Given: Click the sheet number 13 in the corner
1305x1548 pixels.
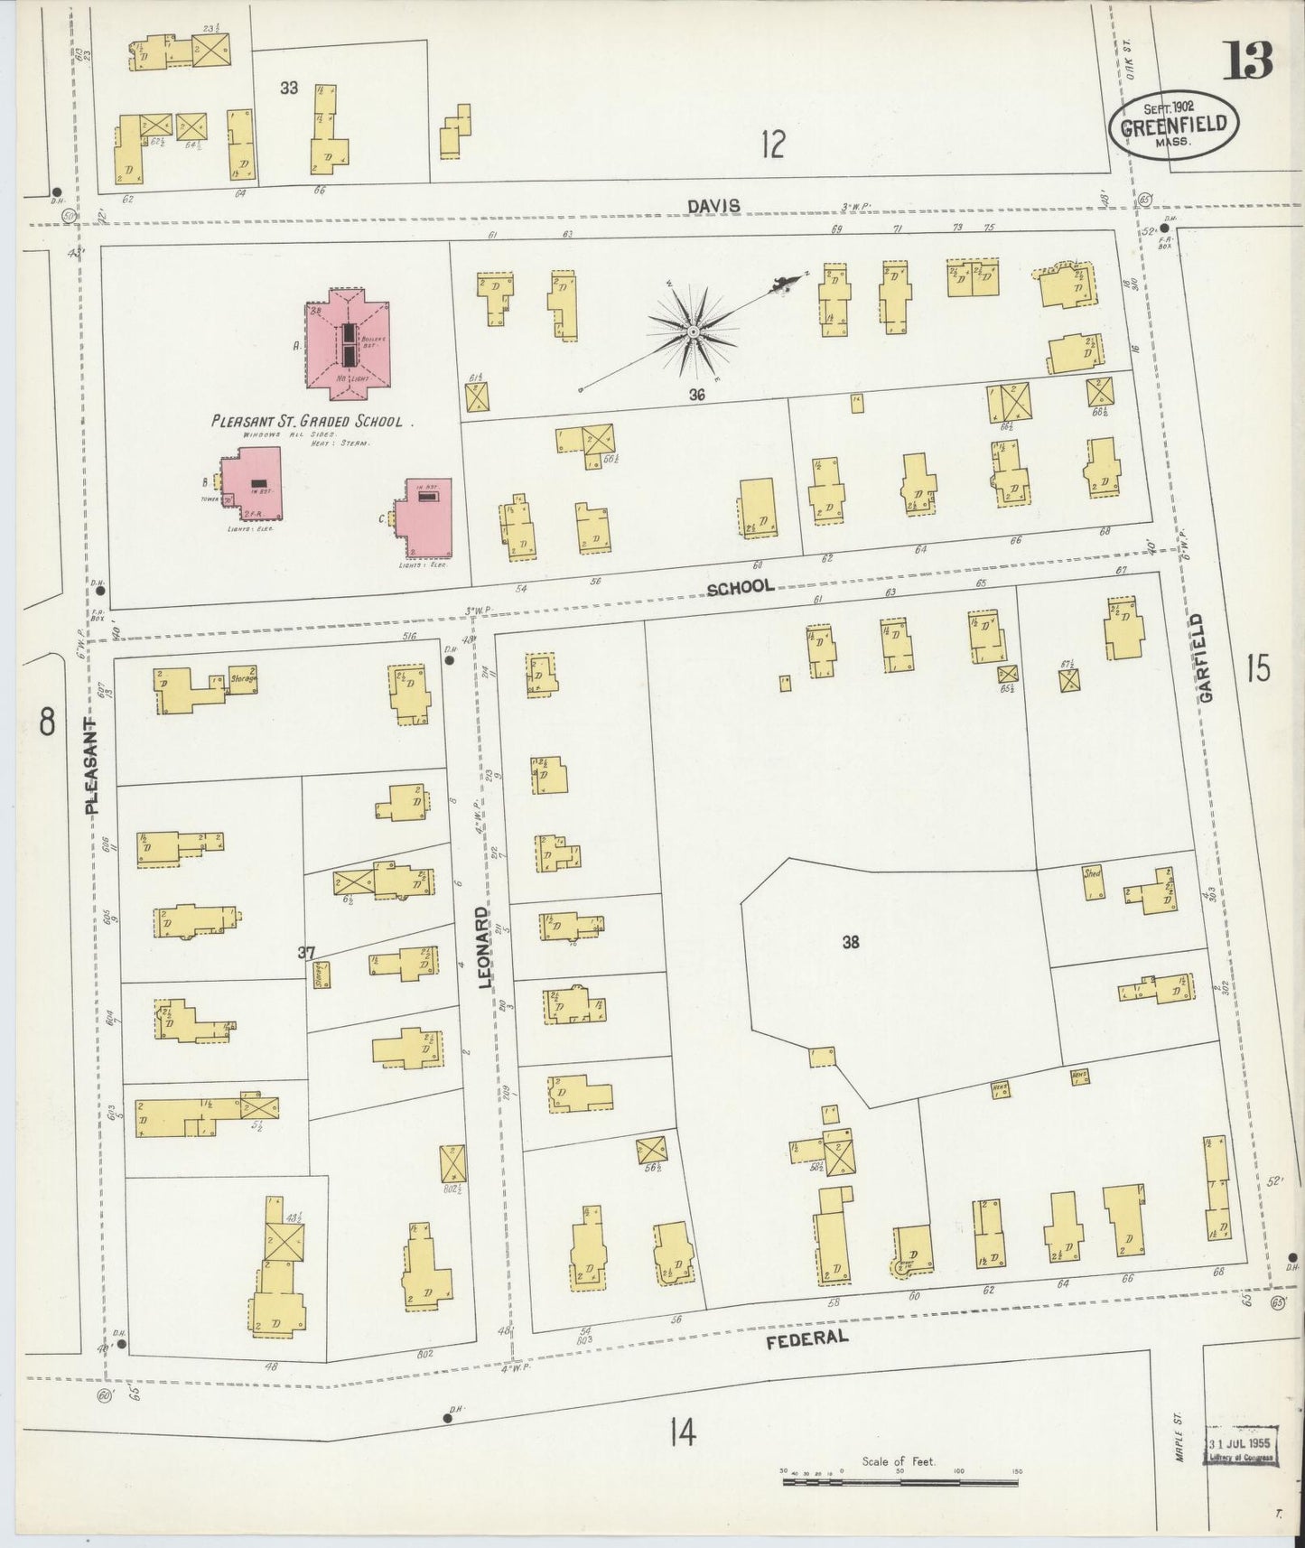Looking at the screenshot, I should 1249,61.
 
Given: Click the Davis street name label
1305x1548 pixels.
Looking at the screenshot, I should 713,207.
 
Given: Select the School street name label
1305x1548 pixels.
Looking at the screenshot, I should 741,587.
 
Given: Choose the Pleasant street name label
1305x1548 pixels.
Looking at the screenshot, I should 92,768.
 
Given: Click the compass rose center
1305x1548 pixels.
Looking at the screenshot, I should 693,331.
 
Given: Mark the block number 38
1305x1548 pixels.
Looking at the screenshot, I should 850,942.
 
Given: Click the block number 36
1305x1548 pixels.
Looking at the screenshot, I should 695,395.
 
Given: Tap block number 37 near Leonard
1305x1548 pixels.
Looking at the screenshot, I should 307,952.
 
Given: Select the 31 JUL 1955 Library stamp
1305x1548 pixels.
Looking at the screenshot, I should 1242,1450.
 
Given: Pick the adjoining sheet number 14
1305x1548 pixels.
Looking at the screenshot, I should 683,1431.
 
